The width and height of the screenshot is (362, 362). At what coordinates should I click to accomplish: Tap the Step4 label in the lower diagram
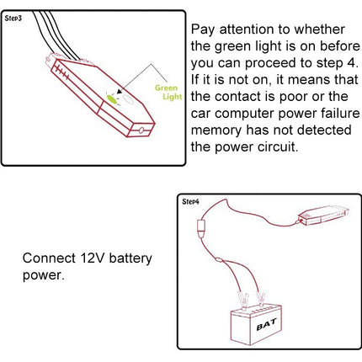(x=191, y=202)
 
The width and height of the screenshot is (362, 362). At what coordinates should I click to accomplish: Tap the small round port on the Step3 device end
(x=141, y=130)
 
